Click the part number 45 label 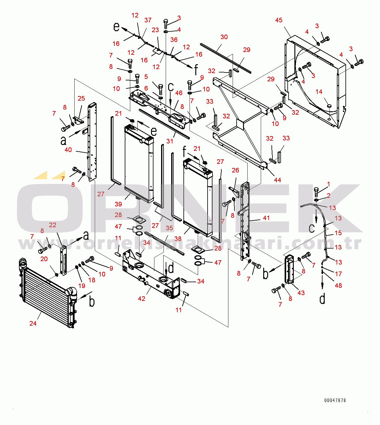[279, 20]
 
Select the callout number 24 [33, 323]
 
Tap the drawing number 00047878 [335, 400]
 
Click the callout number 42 [142, 298]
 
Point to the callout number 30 [224, 37]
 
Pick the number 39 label [118, 204]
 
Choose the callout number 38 [178, 238]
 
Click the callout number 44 [277, 180]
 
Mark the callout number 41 [266, 218]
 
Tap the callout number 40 [68, 150]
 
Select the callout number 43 [301, 293]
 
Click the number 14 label [319, 92]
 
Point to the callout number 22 [53, 225]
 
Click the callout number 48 [338, 285]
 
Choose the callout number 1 [329, 184]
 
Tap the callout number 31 [170, 141]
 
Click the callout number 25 [81, 98]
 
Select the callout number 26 [235, 170]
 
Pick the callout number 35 [169, 228]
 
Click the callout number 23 [155, 30]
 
